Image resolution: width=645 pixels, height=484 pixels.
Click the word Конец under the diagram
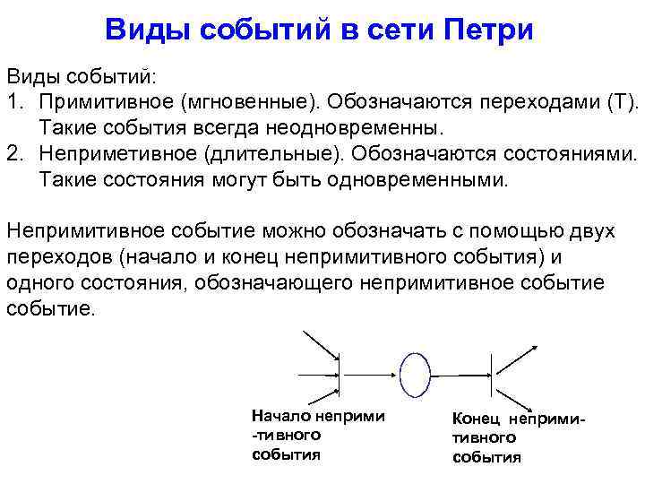click(477, 419)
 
